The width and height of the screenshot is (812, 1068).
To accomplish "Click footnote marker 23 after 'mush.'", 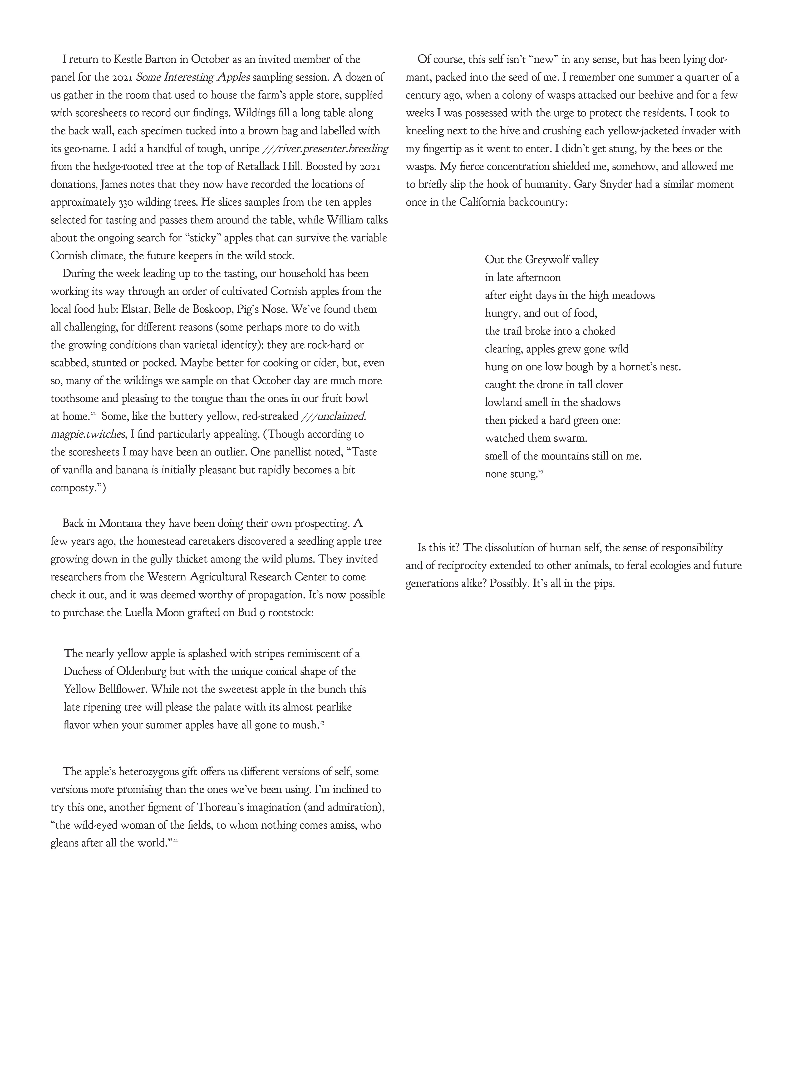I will point(322,722).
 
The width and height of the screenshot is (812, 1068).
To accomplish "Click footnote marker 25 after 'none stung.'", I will point(541,471).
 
